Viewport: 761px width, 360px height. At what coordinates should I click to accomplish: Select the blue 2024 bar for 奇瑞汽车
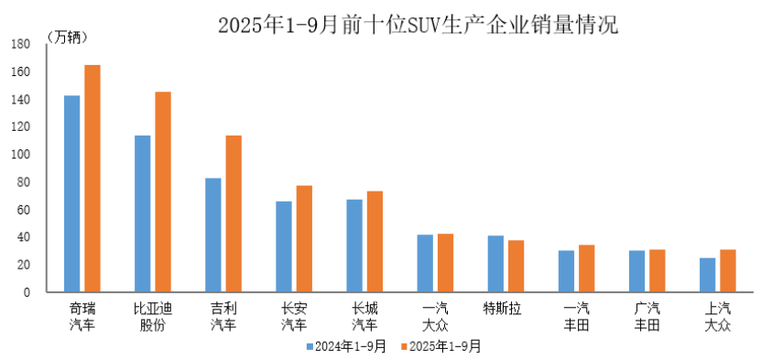pos(71,193)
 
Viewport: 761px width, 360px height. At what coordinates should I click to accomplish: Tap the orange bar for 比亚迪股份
pos(163,191)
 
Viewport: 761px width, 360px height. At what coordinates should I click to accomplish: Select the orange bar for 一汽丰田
pos(587,267)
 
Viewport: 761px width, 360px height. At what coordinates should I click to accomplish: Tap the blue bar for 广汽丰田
pos(637,270)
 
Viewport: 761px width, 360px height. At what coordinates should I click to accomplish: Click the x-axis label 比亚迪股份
pos(152,316)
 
